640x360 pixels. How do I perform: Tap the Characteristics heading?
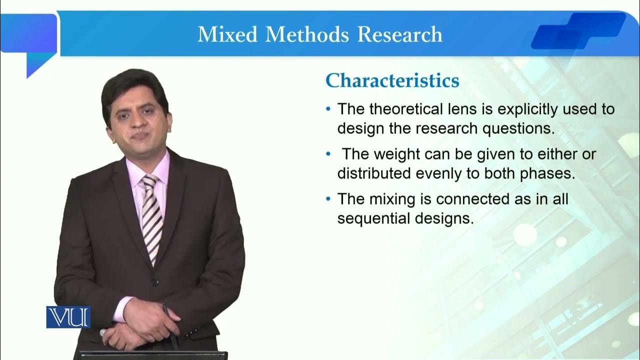pyautogui.click(x=392, y=80)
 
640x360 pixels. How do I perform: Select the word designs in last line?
pyautogui.click(x=445, y=218)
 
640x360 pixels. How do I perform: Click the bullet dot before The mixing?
pyautogui.click(x=328, y=199)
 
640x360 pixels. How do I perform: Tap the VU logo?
pyautogui.click(x=68, y=316)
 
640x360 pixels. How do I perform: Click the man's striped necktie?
pyautogui.click(x=151, y=215)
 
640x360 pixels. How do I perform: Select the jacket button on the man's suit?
pyautogui.click(x=155, y=282)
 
